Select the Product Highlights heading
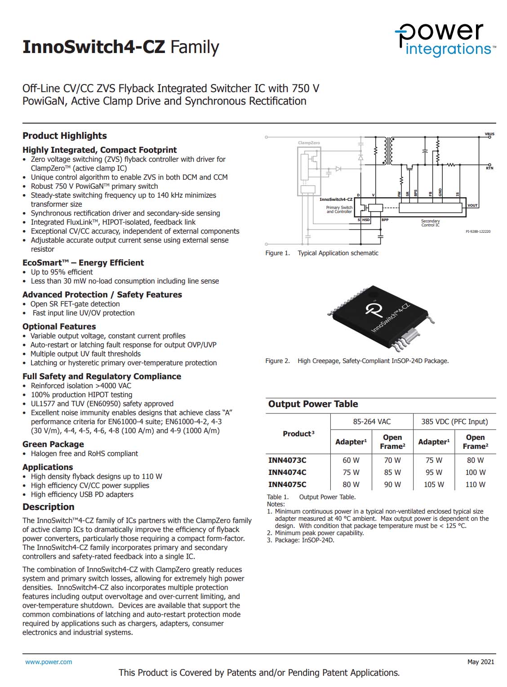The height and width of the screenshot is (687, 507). tap(65, 136)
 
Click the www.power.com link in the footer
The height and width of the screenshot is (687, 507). tap(49, 662)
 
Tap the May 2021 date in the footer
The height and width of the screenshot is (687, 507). tap(480, 662)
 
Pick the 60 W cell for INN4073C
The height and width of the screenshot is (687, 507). tap(351, 460)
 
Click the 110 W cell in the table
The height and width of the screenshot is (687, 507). tap(475, 484)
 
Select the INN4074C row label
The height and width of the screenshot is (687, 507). tap(287, 472)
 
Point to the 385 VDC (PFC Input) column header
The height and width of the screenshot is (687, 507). tap(454, 421)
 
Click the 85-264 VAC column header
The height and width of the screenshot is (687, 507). tap(372, 421)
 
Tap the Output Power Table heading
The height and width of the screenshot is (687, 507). tap(313, 404)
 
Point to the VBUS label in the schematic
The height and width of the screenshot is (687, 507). tap(489, 134)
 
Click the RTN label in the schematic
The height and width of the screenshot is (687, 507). tap(489, 168)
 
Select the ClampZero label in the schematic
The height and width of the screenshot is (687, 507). tap(309, 143)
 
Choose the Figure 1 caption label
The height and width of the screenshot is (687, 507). tap(277, 253)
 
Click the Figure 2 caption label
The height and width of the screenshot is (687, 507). tap(277, 361)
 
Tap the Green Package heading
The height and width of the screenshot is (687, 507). tap(53, 444)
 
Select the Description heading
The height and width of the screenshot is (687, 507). tap(49, 507)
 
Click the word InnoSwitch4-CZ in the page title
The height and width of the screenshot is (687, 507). tap(94, 47)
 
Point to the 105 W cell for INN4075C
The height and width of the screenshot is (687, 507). tap(434, 484)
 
